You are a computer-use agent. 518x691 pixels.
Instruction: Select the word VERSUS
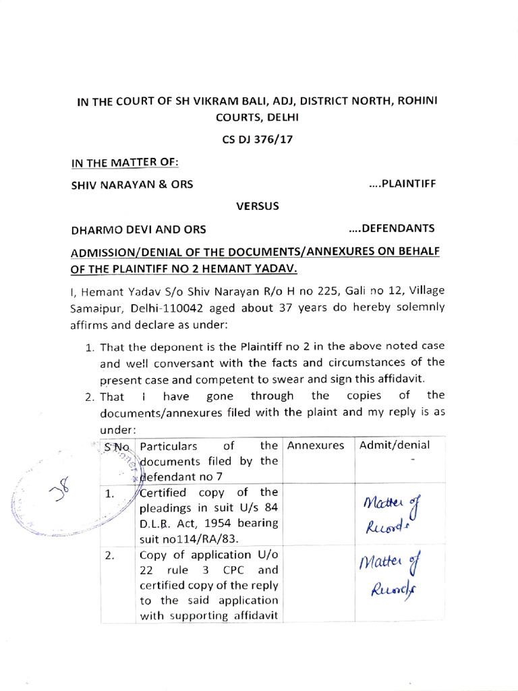(257, 206)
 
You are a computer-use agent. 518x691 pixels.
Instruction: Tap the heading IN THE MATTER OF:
(125, 163)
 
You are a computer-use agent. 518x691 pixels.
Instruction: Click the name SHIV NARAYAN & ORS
(132, 185)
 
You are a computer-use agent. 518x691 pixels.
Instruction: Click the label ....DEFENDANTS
(392, 228)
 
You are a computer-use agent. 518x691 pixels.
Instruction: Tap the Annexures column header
(315, 445)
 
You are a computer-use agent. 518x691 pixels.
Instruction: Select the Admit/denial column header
(395, 445)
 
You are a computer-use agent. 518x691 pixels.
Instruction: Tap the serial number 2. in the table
(111, 557)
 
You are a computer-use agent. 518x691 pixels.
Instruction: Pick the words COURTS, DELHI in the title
(258, 117)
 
